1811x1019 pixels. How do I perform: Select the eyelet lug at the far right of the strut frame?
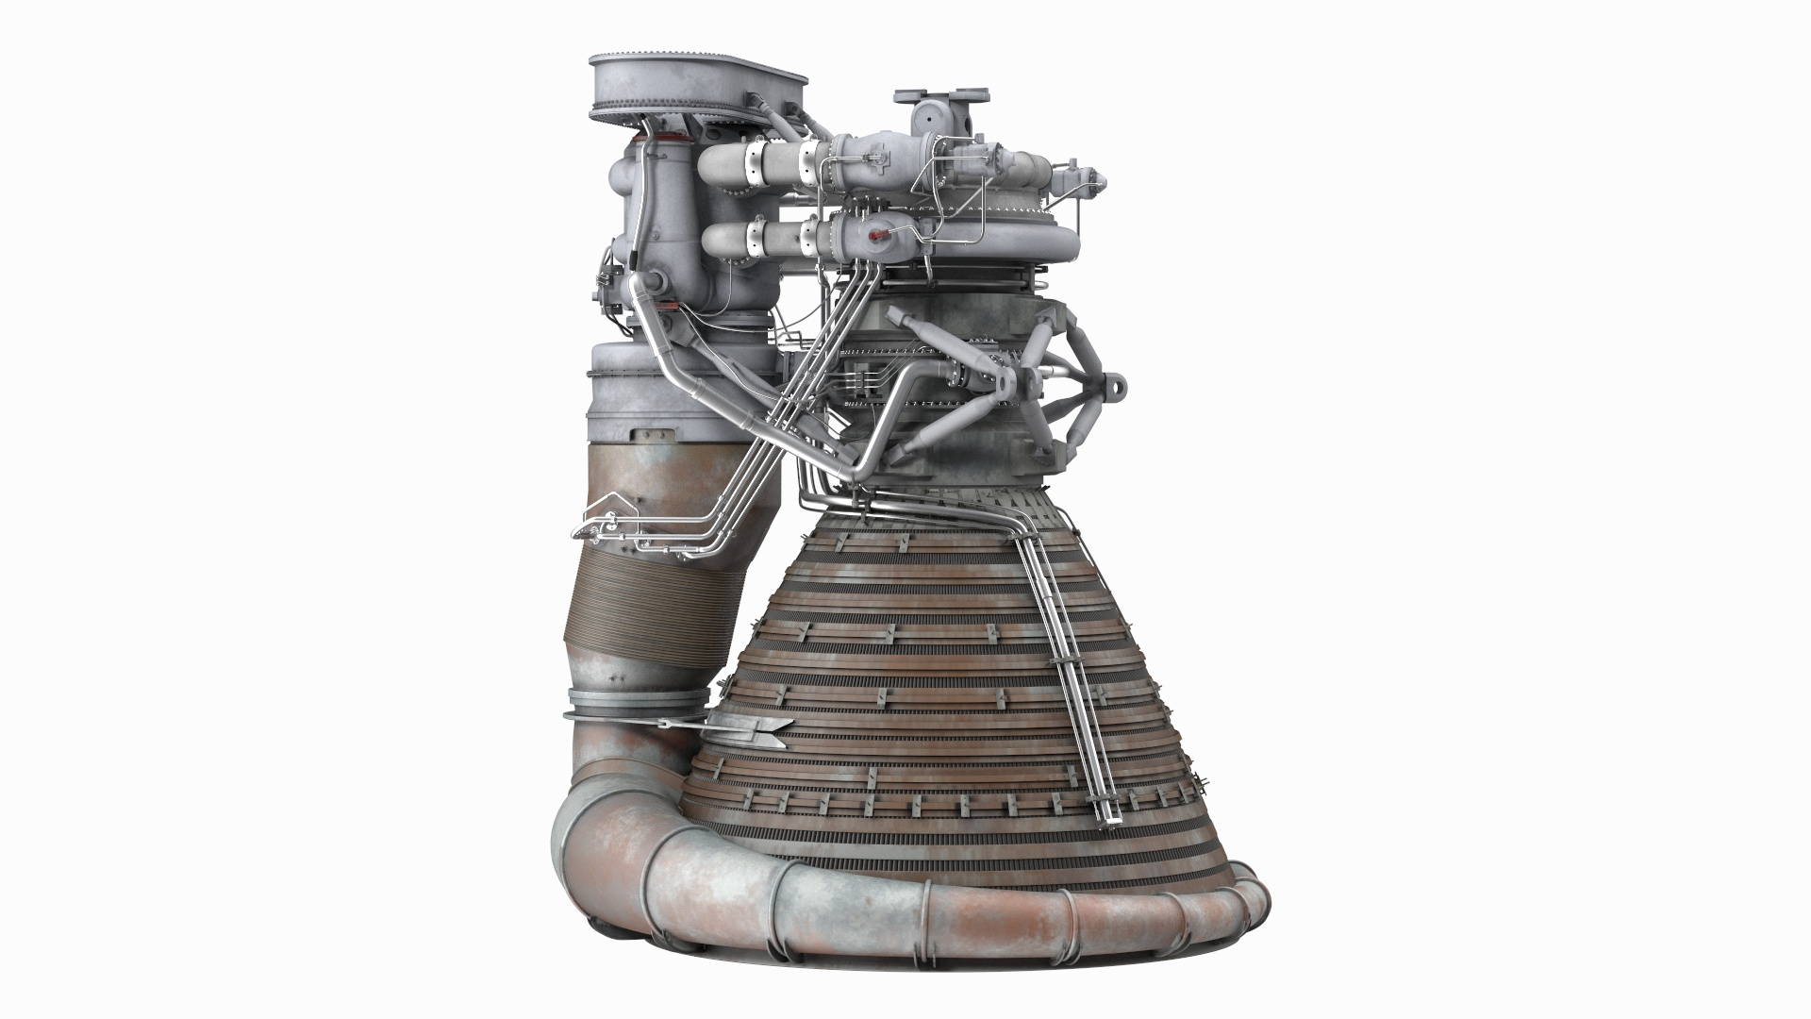coord(1117,385)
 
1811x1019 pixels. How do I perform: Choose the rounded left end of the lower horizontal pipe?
coord(709,240)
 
